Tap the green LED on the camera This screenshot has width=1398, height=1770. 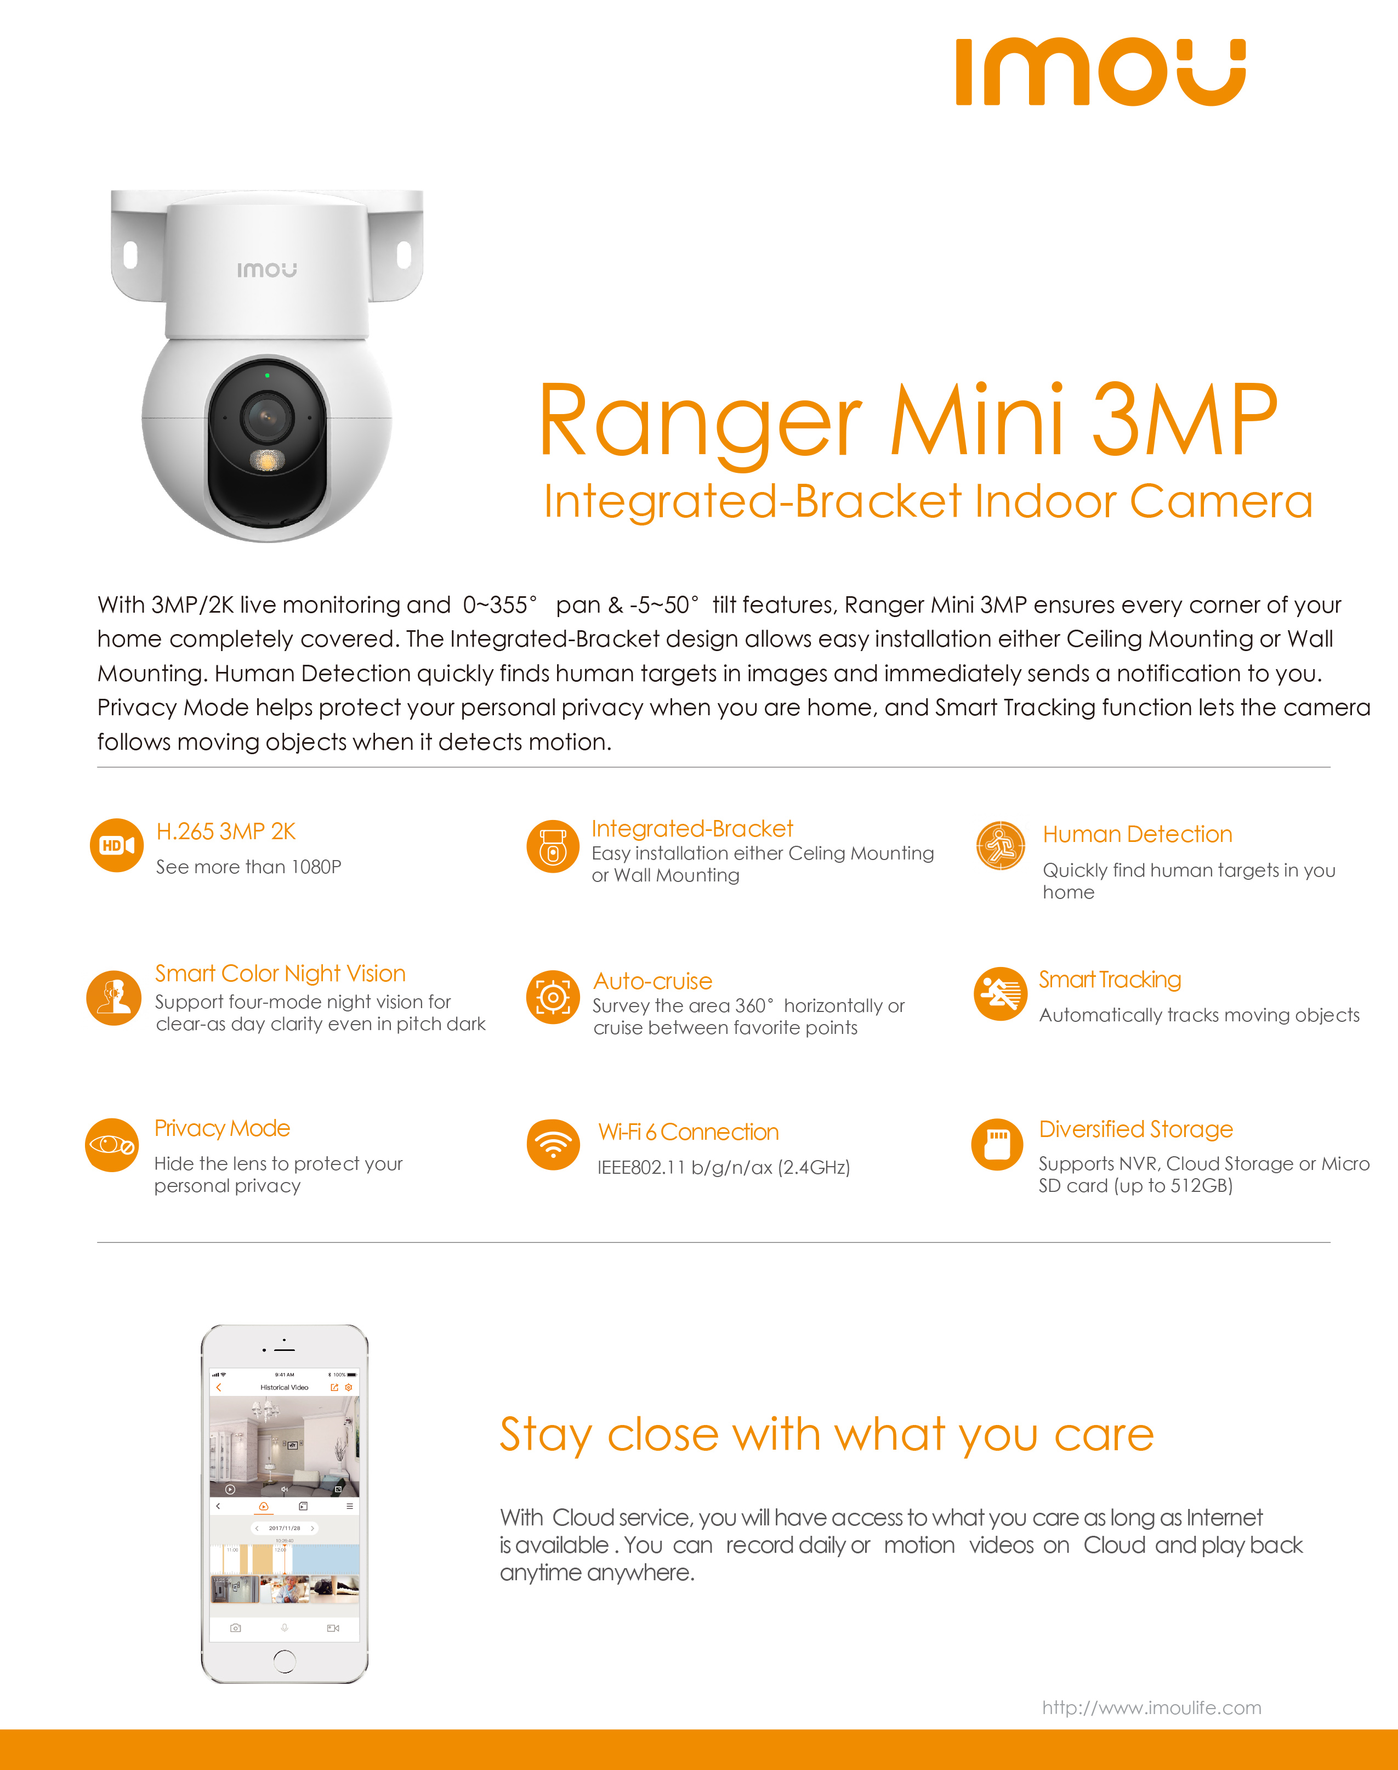[268, 375]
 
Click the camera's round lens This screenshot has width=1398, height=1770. [266, 416]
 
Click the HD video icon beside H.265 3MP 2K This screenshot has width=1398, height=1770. [116, 845]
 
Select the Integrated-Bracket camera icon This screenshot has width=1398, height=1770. [553, 846]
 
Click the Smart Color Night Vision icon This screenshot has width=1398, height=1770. [114, 997]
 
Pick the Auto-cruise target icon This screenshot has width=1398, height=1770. [553, 997]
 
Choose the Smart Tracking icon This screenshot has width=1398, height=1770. [999, 994]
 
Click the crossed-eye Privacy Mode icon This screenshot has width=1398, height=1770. [112, 1145]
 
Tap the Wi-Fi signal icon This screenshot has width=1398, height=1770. [553, 1145]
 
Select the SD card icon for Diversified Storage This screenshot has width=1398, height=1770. [997, 1145]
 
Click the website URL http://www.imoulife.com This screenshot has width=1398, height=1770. [1151, 1707]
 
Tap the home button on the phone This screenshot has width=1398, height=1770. [284, 1660]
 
